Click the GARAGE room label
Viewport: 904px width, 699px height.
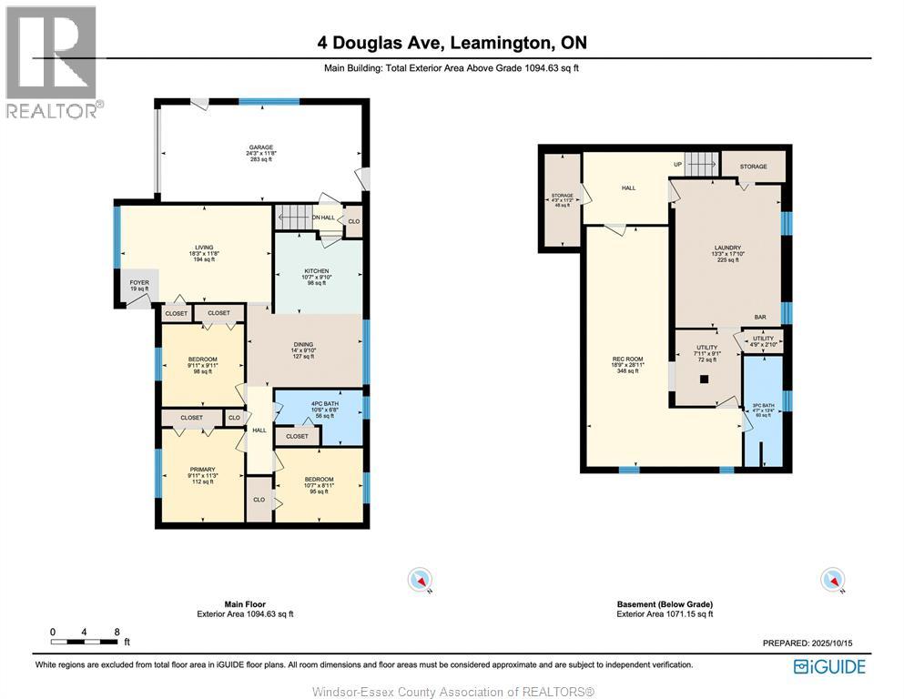click(261, 147)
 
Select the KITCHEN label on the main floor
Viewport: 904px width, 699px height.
click(316, 271)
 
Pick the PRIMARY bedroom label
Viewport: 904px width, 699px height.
click(202, 470)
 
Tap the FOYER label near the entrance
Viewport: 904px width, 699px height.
click(138, 282)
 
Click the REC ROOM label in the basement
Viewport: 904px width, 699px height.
click(627, 359)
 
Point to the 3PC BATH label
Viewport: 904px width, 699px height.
click(763, 406)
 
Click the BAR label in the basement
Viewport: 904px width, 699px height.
click(759, 317)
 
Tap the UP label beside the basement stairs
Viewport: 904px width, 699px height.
click(677, 164)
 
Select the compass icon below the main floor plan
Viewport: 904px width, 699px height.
click(420, 580)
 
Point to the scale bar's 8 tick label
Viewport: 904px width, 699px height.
click(117, 631)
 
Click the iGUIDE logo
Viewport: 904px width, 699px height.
click(828, 666)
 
